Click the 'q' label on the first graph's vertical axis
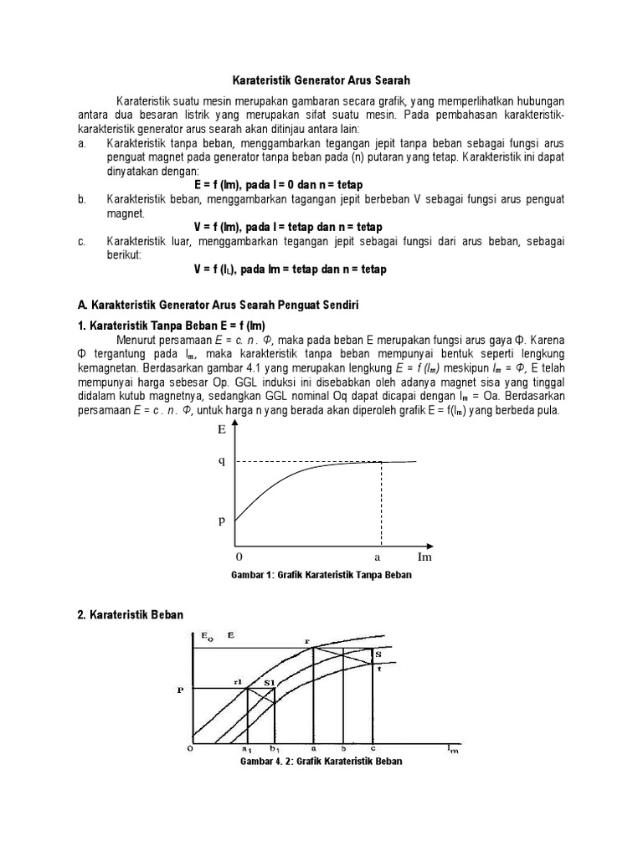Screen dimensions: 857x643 [x=222, y=461]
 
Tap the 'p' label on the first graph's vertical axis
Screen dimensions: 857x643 [x=222, y=520]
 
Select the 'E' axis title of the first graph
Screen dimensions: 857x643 [x=222, y=430]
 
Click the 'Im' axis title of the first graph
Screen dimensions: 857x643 [x=424, y=557]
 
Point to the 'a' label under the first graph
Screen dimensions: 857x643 [x=377, y=557]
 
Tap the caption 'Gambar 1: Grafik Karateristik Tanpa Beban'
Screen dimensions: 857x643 [x=321, y=576]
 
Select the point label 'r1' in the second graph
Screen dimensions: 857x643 [x=238, y=682]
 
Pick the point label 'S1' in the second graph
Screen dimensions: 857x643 [x=269, y=683]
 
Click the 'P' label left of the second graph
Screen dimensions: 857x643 [x=179, y=690]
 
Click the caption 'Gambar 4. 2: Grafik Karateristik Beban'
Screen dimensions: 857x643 [x=321, y=762]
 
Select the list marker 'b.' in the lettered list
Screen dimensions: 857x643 [x=81, y=198]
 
